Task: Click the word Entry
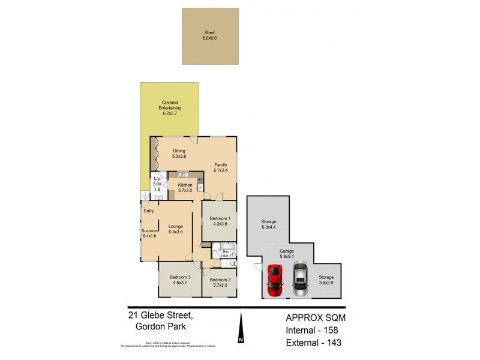coord(149,211)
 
